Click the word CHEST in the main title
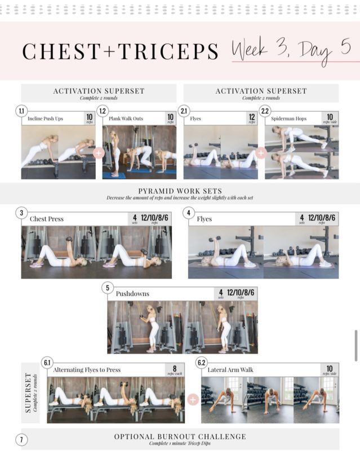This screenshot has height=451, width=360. click(59, 51)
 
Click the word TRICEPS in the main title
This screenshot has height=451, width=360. click(167, 51)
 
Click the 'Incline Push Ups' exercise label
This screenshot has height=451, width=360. click(46, 119)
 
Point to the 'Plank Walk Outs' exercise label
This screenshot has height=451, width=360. click(127, 119)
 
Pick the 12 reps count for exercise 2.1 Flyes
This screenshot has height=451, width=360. click(251, 118)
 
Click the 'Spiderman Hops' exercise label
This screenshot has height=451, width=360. click(292, 119)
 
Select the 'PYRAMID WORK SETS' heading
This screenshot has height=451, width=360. click(180, 191)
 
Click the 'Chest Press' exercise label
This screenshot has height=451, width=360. click(47, 219)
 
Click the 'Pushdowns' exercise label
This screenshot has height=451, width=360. click(134, 294)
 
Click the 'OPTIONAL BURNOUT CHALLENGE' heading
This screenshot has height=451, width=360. click(180, 436)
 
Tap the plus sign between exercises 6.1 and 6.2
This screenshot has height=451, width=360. click(193, 400)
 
